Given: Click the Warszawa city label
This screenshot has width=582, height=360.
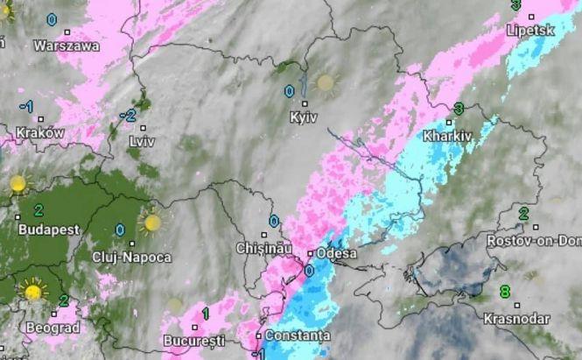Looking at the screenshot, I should [x=67, y=46].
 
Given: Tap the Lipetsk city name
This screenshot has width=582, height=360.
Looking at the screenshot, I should [x=530, y=30].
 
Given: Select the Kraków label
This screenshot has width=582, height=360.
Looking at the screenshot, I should [x=39, y=133].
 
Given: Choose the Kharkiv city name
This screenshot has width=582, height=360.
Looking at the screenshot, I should [x=446, y=136].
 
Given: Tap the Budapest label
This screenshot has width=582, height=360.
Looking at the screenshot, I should [x=48, y=229].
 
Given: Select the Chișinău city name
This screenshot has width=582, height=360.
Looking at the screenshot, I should [x=263, y=249].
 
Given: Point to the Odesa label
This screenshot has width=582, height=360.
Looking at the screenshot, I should [x=335, y=254].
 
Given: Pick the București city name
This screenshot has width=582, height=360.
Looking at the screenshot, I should [x=194, y=339].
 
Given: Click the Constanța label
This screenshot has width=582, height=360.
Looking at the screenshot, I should [x=298, y=335].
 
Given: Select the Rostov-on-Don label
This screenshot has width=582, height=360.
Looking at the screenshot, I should [x=534, y=240].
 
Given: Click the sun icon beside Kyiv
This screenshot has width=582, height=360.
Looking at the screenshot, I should [x=326, y=82].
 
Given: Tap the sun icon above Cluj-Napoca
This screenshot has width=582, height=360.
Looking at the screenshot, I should [x=152, y=222].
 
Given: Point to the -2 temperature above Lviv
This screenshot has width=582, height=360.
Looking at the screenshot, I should [x=129, y=116].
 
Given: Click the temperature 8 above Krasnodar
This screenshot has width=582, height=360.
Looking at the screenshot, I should [x=504, y=291].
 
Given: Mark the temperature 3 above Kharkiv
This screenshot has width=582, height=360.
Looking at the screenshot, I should [x=459, y=109].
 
